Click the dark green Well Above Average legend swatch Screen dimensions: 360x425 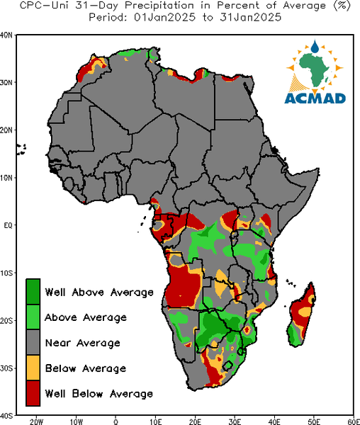click(33, 292)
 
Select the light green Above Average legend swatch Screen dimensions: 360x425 click(33, 317)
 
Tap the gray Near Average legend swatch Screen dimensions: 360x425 click(33, 343)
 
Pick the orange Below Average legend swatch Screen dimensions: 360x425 click(33, 368)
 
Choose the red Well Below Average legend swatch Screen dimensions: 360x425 click(33, 393)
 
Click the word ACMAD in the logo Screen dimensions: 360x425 click(315, 98)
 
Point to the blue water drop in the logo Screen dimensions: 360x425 click(315, 46)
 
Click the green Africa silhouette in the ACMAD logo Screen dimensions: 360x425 click(315, 69)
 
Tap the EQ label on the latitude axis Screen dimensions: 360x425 click(8, 225)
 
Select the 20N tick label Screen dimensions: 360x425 click(6, 130)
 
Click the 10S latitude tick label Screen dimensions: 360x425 click(6, 273)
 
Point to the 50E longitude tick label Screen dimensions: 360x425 click(314, 421)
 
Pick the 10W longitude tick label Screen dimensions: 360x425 click(76, 421)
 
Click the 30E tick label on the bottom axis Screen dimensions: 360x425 click(235, 421)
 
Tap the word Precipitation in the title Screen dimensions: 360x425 click(159, 6)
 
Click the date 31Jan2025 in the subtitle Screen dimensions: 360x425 click(251, 17)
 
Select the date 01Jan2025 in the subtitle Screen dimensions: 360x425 click(165, 17)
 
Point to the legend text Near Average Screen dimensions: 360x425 click(83, 343)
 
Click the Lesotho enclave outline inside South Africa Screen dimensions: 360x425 click(227, 365)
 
